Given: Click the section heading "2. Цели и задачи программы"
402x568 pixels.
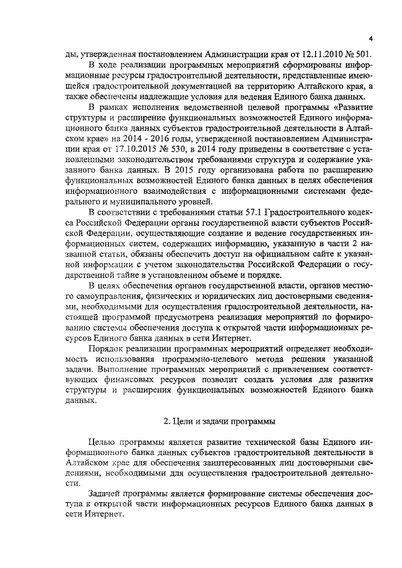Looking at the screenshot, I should click(x=217, y=420).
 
